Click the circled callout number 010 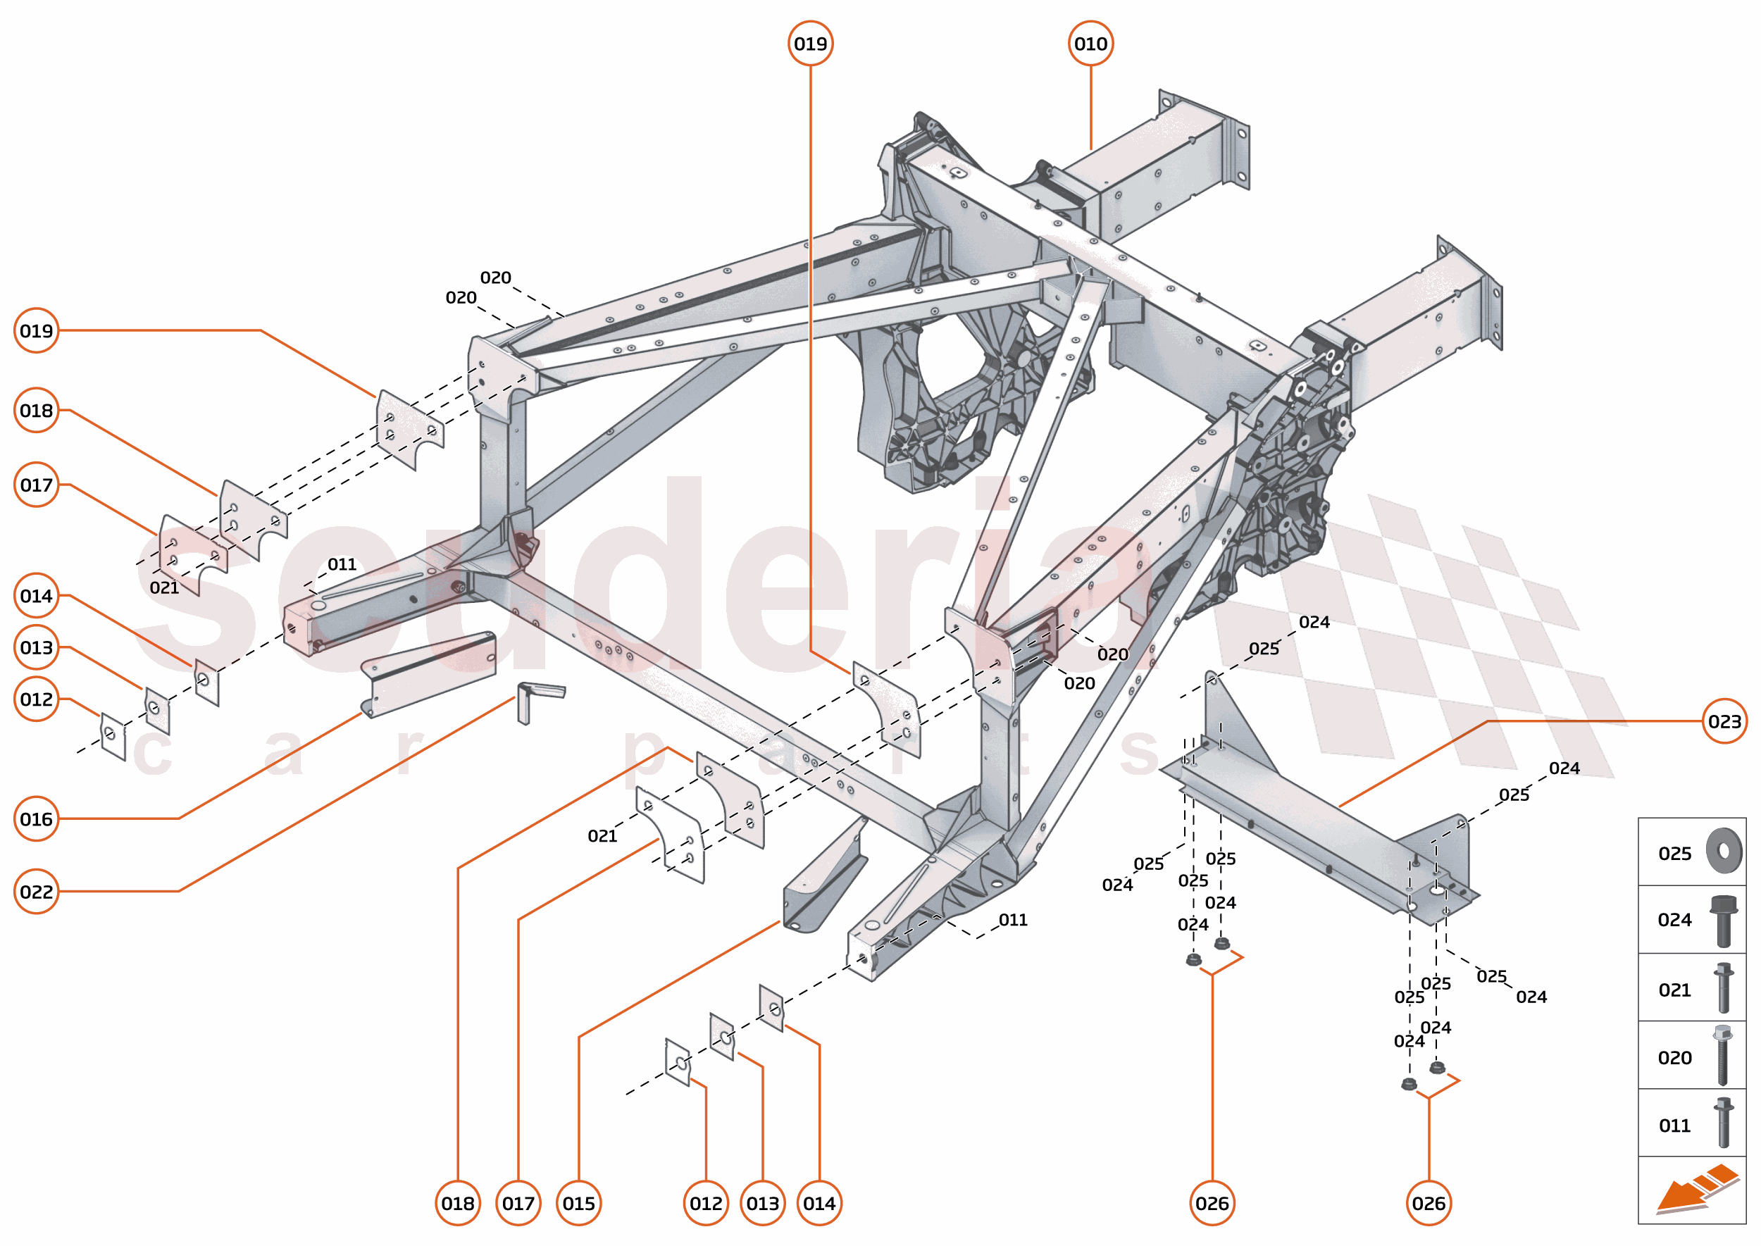(x=1090, y=44)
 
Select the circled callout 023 (x=1724, y=721)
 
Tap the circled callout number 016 (x=36, y=819)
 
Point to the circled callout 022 (x=36, y=892)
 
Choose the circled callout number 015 (x=578, y=1203)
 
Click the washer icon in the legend (x=1724, y=851)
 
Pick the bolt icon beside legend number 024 (x=1724, y=920)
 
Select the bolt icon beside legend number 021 (x=1724, y=988)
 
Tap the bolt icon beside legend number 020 (x=1724, y=1056)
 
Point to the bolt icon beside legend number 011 (x=1724, y=1123)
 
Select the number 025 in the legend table (x=1674, y=854)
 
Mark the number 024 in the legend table (x=1674, y=920)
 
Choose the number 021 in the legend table (x=1674, y=990)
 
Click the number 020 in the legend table (x=1674, y=1058)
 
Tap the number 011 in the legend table (x=1674, y=1126)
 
